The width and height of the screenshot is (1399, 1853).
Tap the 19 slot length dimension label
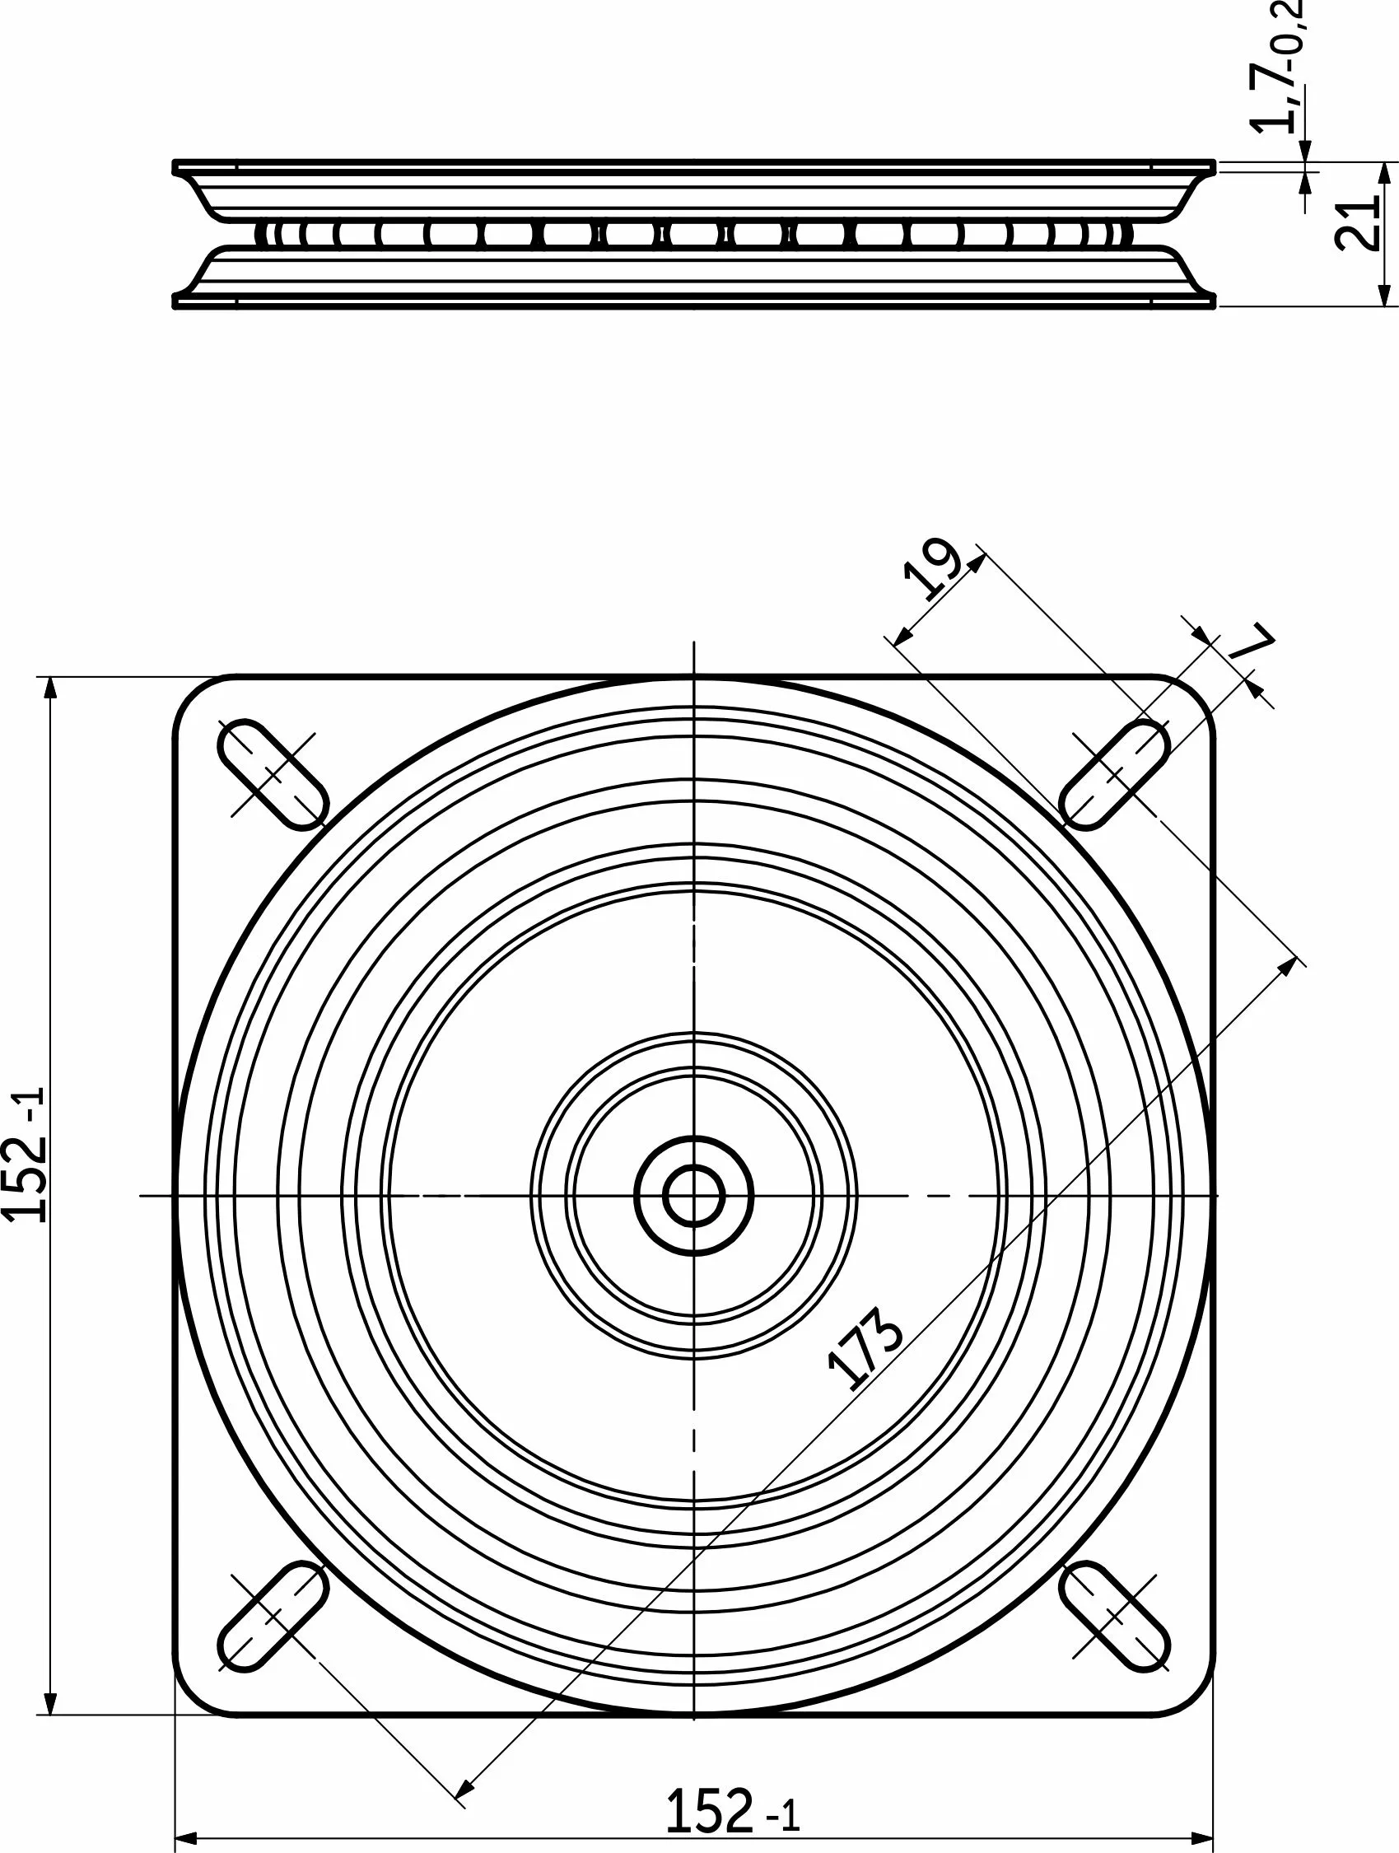[932, 571]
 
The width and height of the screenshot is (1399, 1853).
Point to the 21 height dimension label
[1355, 225]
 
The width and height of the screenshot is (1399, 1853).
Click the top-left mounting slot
[272, 774]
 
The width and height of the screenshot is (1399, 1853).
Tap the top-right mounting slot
[1115, 774]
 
